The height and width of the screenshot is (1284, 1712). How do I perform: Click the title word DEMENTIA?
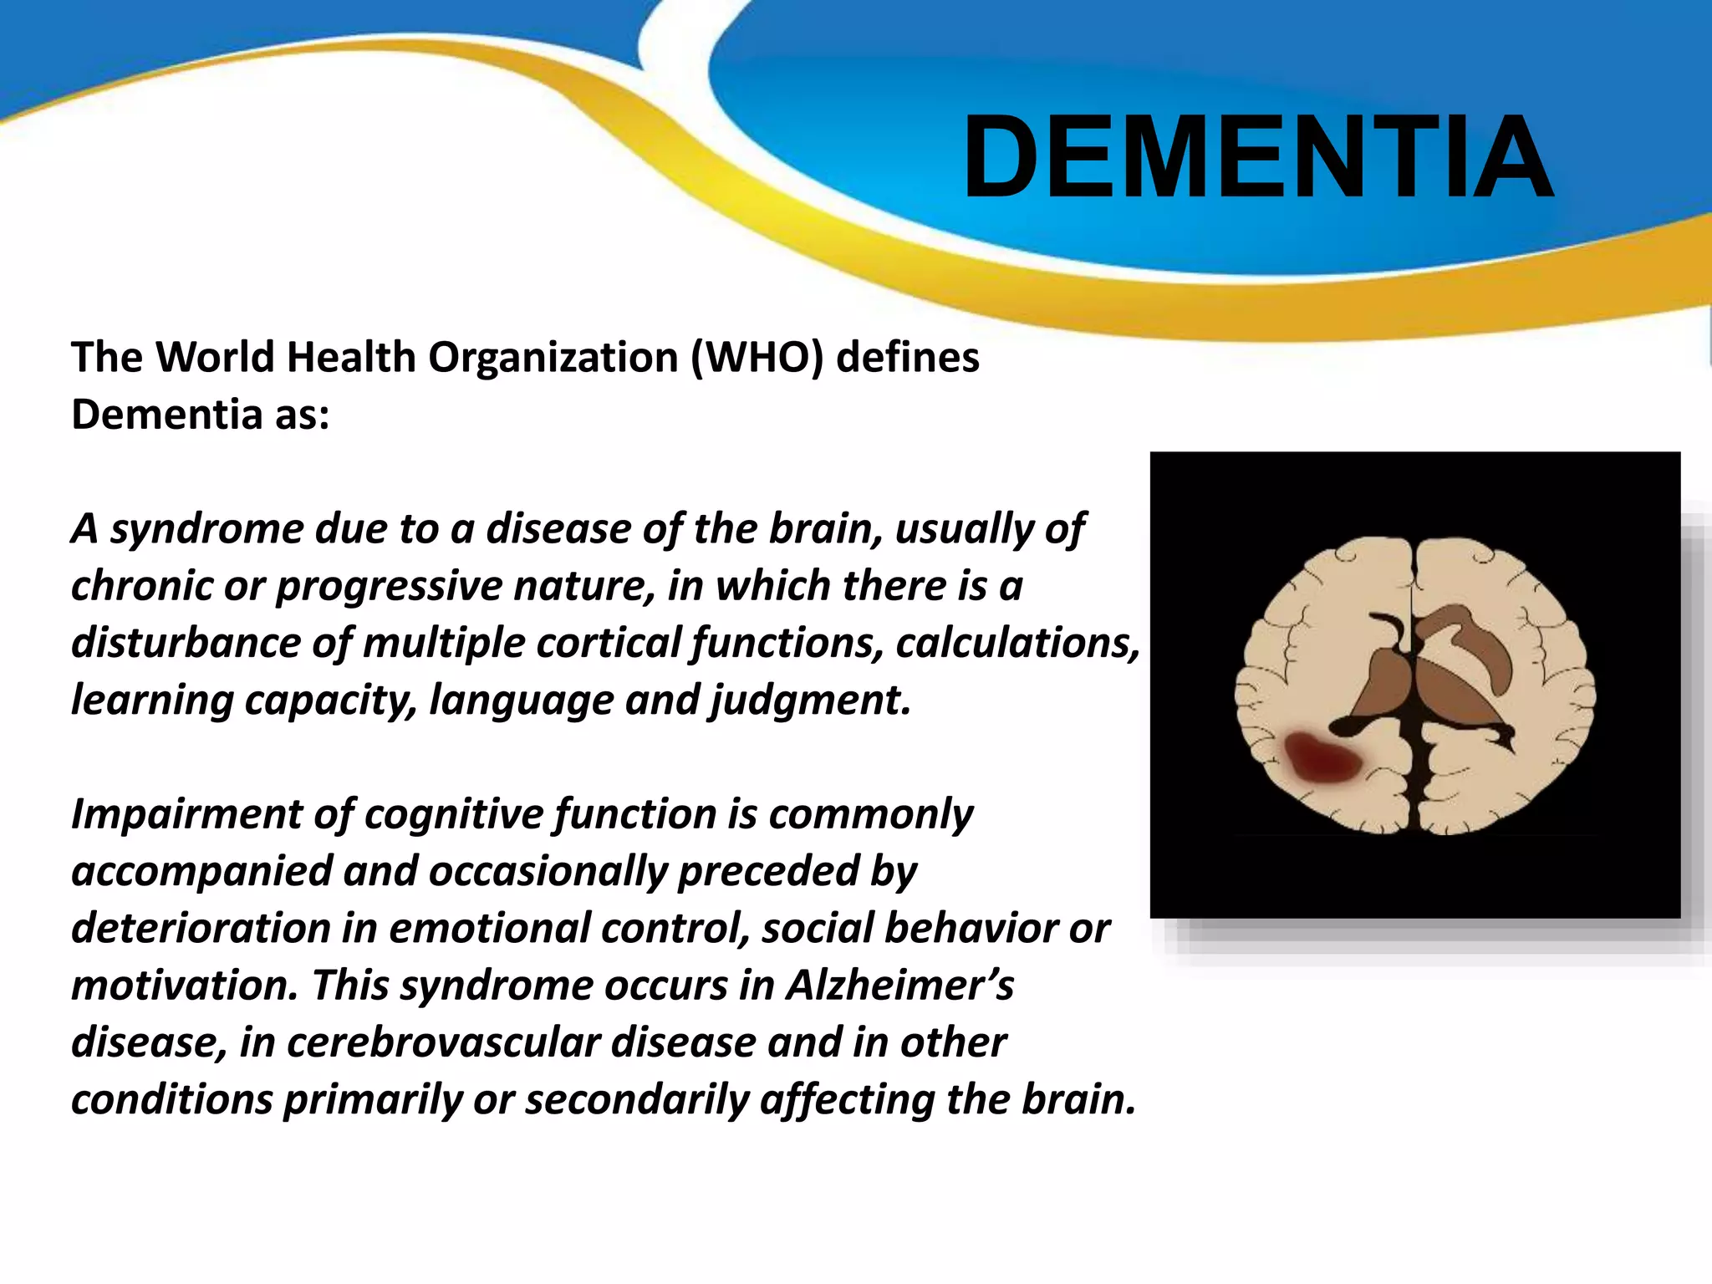coord(1257,157)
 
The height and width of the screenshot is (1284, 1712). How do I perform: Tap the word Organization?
coord(553,358)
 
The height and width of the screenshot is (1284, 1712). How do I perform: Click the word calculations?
coord(1017,642)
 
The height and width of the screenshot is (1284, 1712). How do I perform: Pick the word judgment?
coord(811,700)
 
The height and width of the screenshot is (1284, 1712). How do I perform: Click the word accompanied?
coord(201,871)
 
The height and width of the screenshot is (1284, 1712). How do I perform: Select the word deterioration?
coord(201,928)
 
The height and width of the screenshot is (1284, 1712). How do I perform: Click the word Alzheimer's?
coord(899,985)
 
